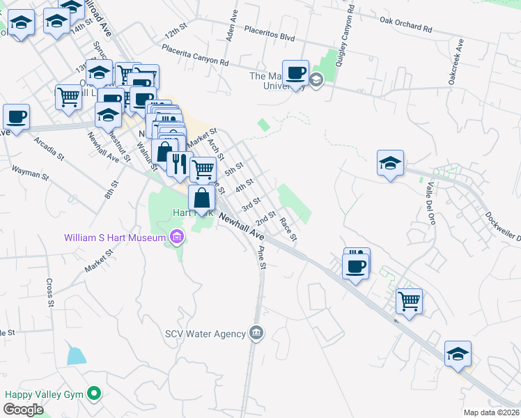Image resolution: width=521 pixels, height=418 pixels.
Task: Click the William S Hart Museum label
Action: (115, 238)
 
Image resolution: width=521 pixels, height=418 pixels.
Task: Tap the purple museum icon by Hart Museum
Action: (177, 238)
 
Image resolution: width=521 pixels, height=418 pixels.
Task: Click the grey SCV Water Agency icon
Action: (256, 333)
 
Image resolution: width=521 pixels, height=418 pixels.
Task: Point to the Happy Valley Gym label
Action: (43, 394)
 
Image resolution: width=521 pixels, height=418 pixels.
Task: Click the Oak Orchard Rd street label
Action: (406, 26)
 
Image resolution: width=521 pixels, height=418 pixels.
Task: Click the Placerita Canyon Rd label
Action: (195, 55)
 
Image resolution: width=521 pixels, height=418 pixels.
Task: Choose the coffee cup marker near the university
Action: (295, 72)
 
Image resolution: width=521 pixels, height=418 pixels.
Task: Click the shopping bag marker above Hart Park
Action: (201, 198)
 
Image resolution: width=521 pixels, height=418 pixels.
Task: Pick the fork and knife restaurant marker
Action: (179, 164)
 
